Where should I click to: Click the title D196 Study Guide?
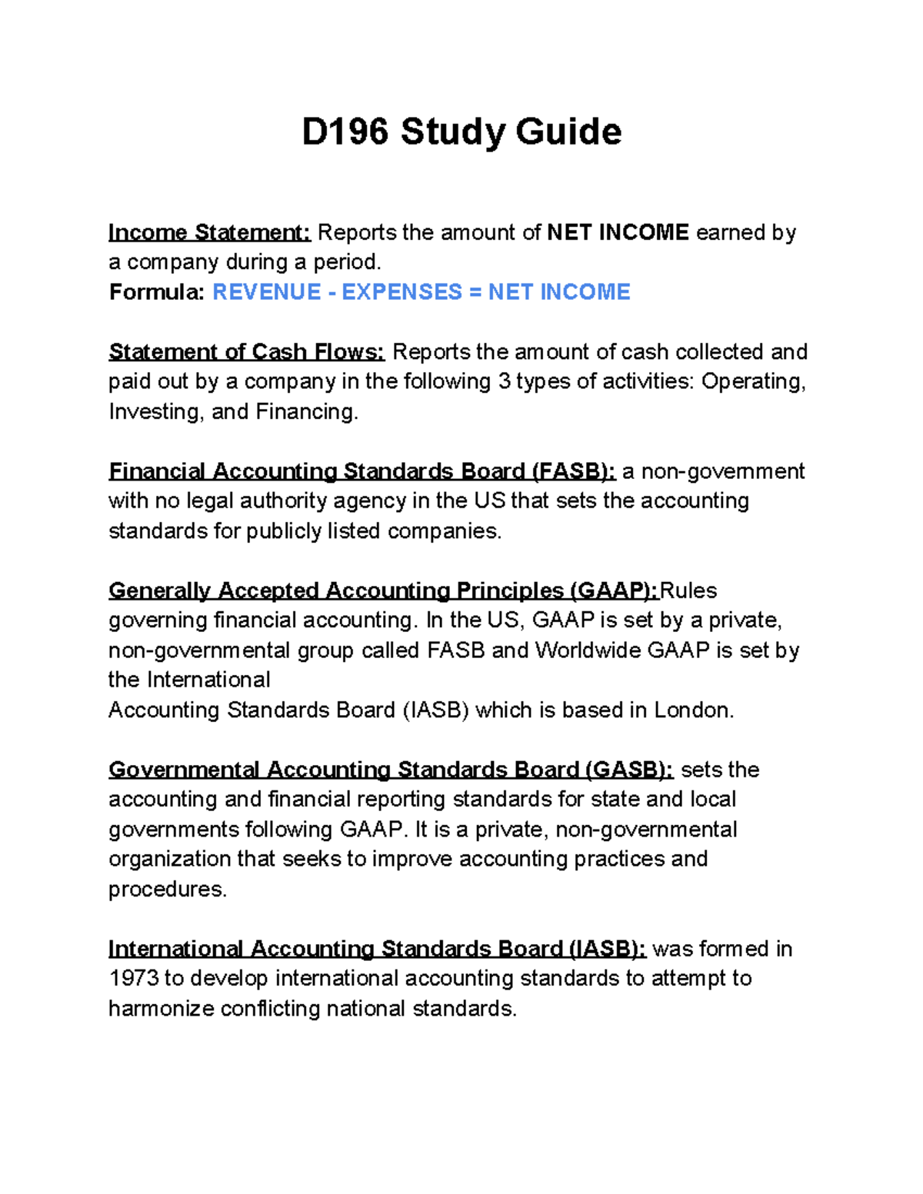[x=461, y=131]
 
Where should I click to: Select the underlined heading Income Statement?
[x=209, y=232]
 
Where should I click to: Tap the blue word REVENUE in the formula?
[x=266, y=292]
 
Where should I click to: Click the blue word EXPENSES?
[x=402, y=292]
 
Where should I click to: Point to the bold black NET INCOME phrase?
[x=618, y=232]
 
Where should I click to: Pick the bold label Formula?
[x=157, y=292]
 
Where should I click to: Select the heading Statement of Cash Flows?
[x=246, y=352]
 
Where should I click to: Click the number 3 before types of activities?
[x=504, y=382]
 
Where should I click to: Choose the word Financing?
[x=306, y=412]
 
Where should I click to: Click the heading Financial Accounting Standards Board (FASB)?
[x=362, y=471]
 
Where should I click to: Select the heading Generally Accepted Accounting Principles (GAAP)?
[x=383, y=590]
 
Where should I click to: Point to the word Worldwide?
[x=588, y=650]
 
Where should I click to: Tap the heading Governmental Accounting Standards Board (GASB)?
[x=391, y=770]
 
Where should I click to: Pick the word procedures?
[x=167, y=890]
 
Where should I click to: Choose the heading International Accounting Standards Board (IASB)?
[x=377, y=949]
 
